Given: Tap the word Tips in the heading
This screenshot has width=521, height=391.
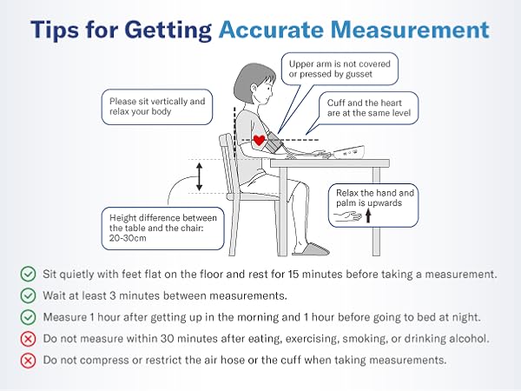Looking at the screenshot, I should [62, 29].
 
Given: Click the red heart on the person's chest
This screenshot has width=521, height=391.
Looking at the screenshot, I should [259, 139].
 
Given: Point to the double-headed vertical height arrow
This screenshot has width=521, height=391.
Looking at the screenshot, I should [199, 176].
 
